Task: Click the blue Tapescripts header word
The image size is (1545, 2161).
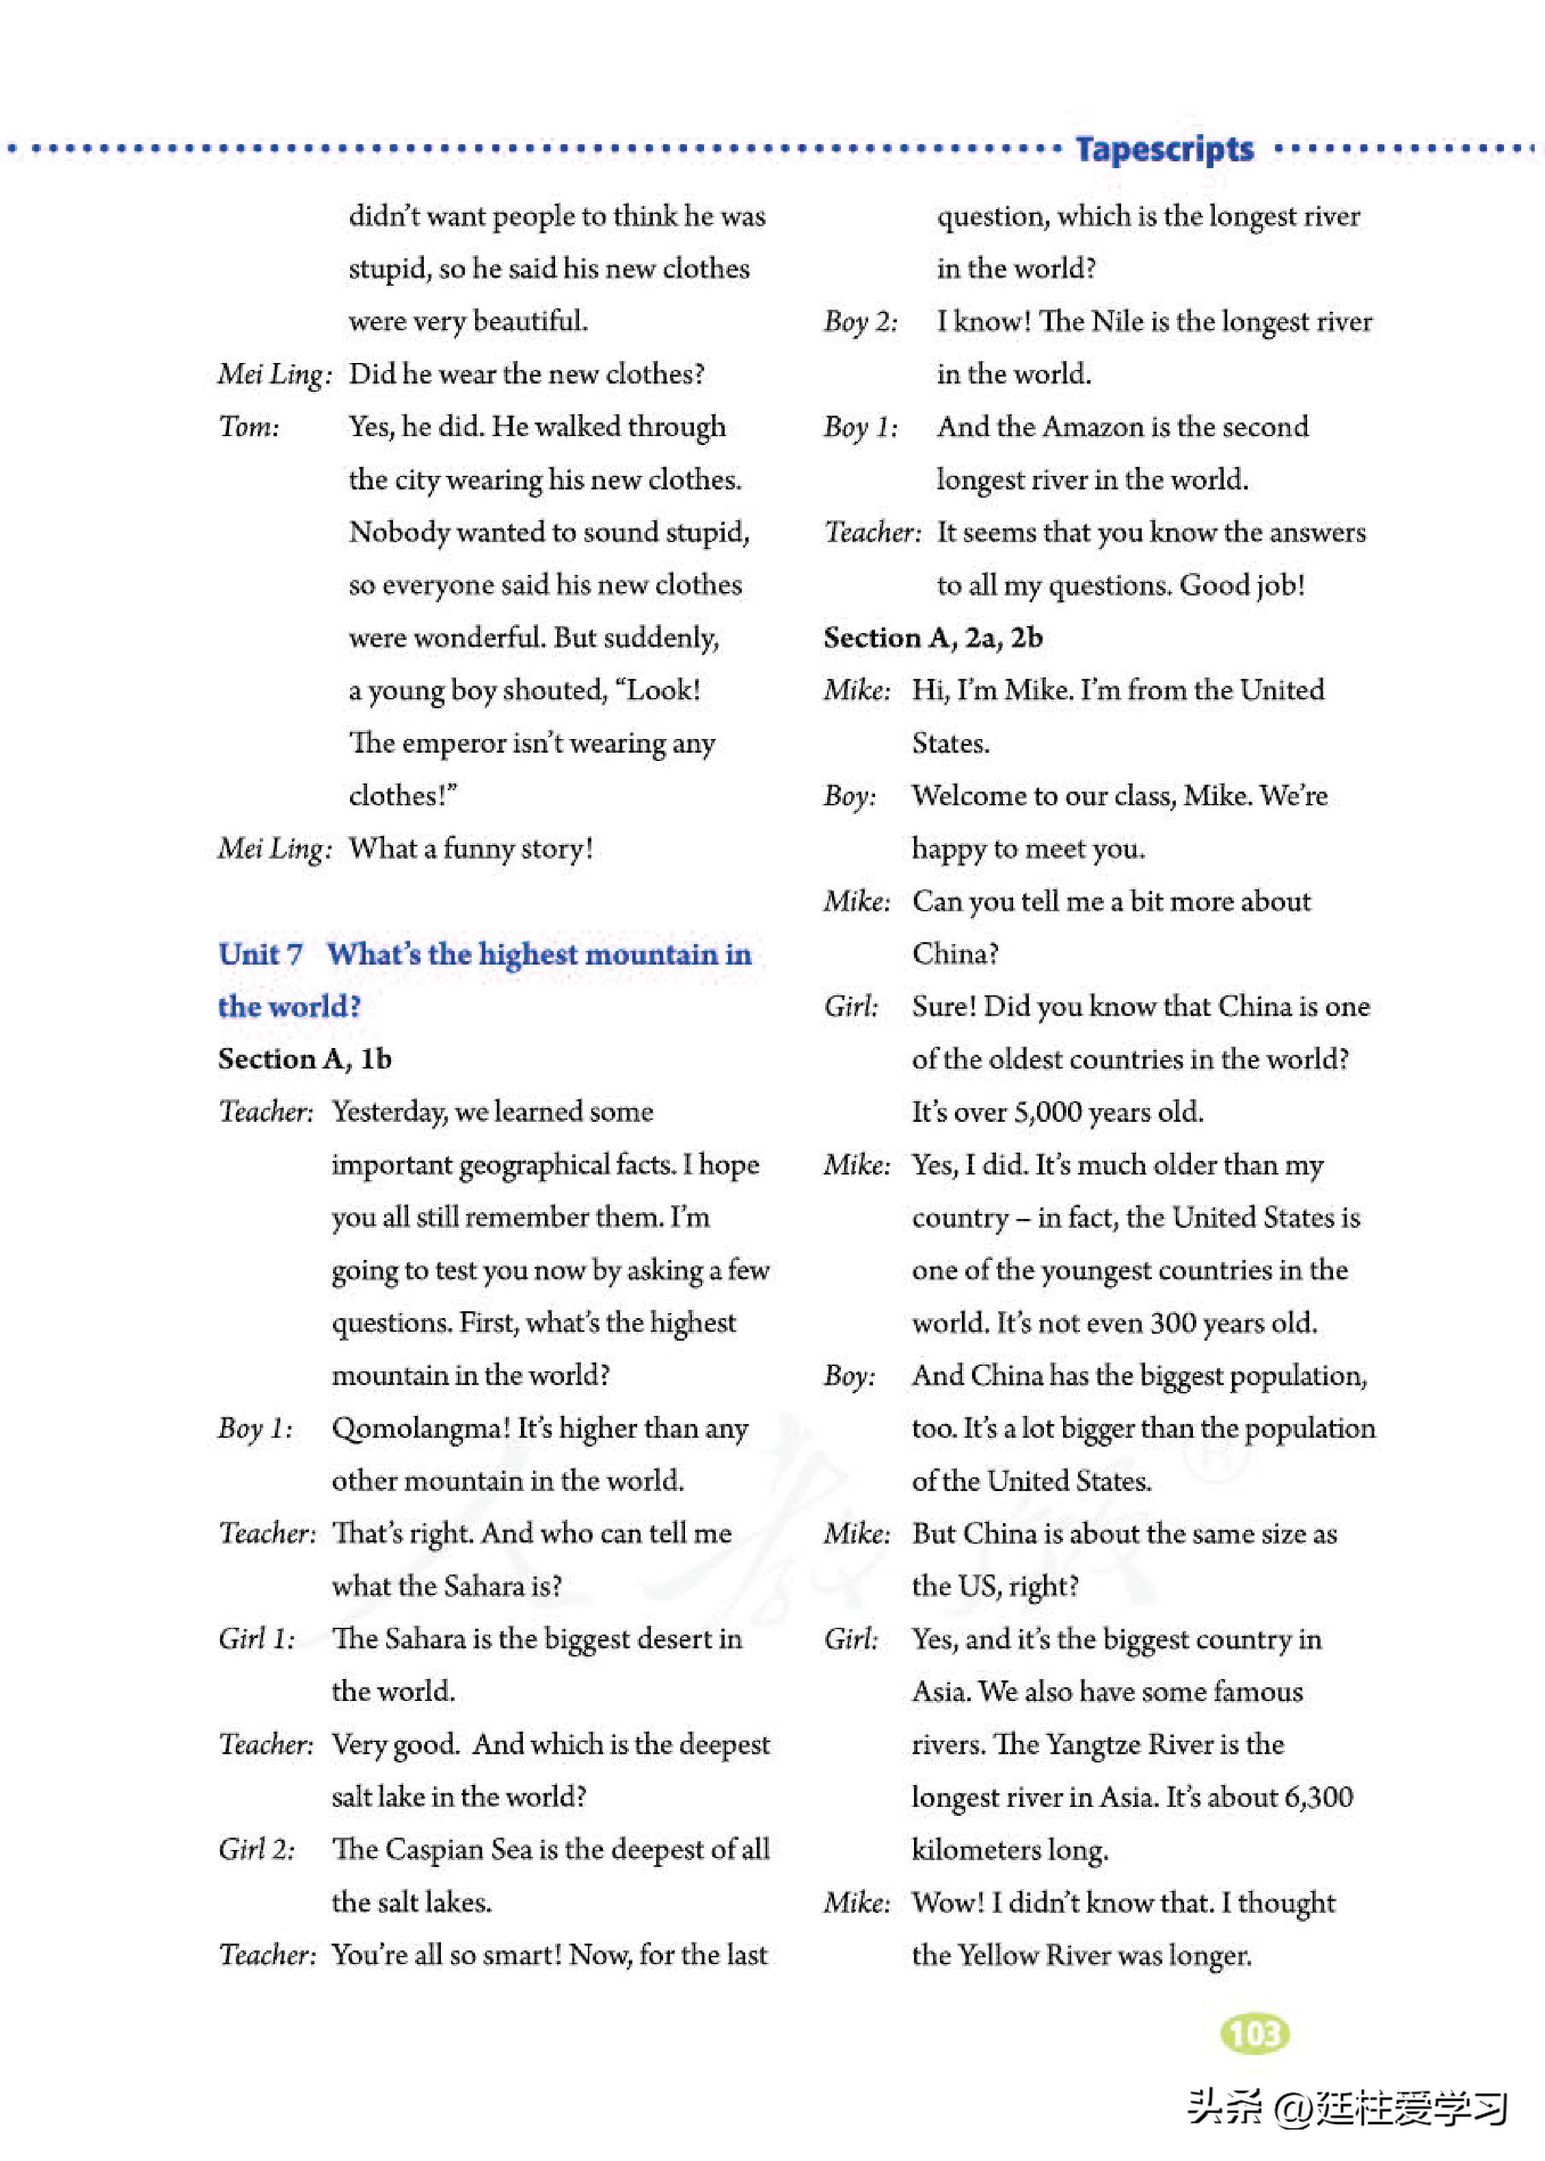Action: click(1164, 149)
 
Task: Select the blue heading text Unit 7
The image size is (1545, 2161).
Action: click(260, 954)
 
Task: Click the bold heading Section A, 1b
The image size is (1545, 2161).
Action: click(304, 1059)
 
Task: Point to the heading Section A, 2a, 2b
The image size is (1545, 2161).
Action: click(933, 637)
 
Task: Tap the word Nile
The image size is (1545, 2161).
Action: click(1118, 321)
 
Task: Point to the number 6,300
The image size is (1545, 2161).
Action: click(1317, 1797)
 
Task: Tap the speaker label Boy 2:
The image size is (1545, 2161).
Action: click(861, 321)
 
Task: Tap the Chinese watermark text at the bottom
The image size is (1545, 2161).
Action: click(1346, 2108)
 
